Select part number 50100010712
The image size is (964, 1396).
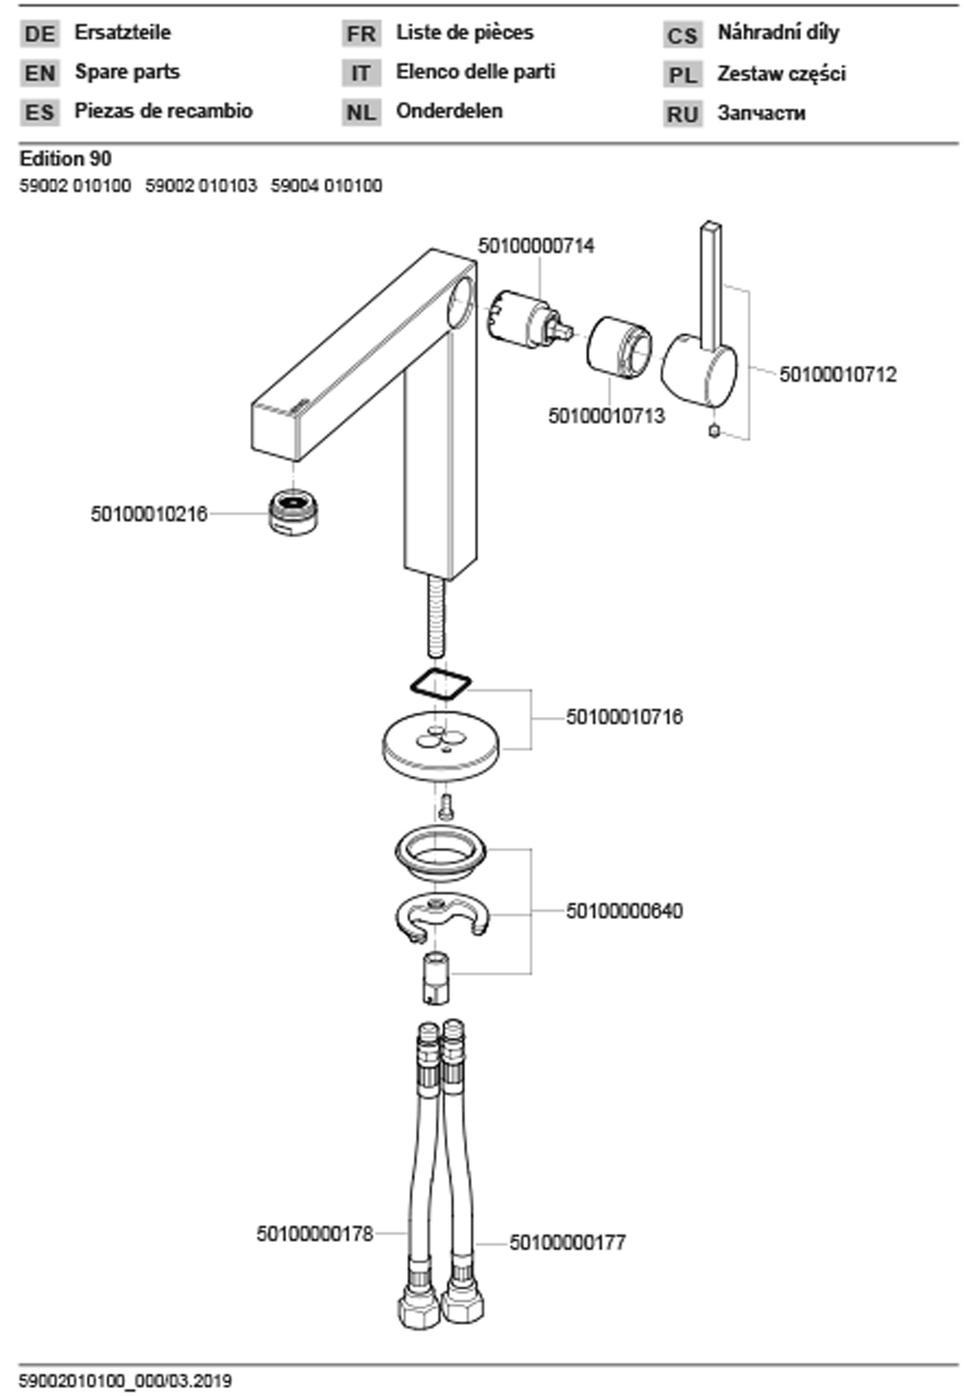point(838,375)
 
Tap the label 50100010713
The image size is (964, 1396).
point(606,416)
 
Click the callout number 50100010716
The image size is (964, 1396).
point(624,717)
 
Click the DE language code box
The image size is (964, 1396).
point(40,34)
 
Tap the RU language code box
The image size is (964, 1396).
point(683,114)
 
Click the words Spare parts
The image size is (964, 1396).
point(127,72)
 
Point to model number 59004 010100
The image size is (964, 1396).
point(326,186)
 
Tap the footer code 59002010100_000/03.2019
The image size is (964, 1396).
point(126,1381)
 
